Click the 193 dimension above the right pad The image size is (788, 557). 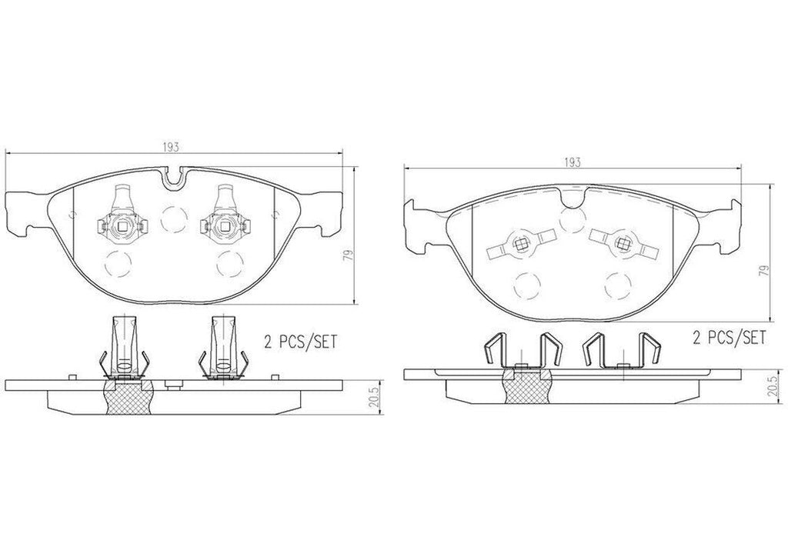(573, 162)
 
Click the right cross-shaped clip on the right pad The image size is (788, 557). (622, 245)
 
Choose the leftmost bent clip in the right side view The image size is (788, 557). (496, 352)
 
